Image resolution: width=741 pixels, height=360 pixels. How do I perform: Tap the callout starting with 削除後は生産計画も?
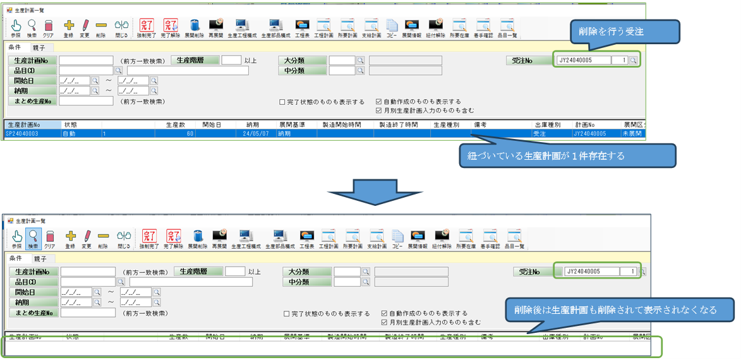tap(620, 309)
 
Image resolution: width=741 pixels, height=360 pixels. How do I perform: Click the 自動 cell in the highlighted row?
tap(70, 134)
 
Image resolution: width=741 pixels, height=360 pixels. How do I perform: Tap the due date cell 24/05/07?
tap(255, 134)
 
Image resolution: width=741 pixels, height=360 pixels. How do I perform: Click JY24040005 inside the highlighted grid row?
tap(590, 134)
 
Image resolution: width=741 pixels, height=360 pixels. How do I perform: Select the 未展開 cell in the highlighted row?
tap(633, 134)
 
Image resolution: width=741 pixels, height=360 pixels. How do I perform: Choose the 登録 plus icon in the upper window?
tap(69, 28)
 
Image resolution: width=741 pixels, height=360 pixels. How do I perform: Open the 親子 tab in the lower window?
tap(40, 258)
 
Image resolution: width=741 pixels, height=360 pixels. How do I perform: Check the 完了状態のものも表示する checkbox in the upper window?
tap(282, 102)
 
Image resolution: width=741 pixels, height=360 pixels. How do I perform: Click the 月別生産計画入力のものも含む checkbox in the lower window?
tap(384, 322)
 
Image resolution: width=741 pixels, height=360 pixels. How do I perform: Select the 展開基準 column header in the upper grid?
tap(292, 124)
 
